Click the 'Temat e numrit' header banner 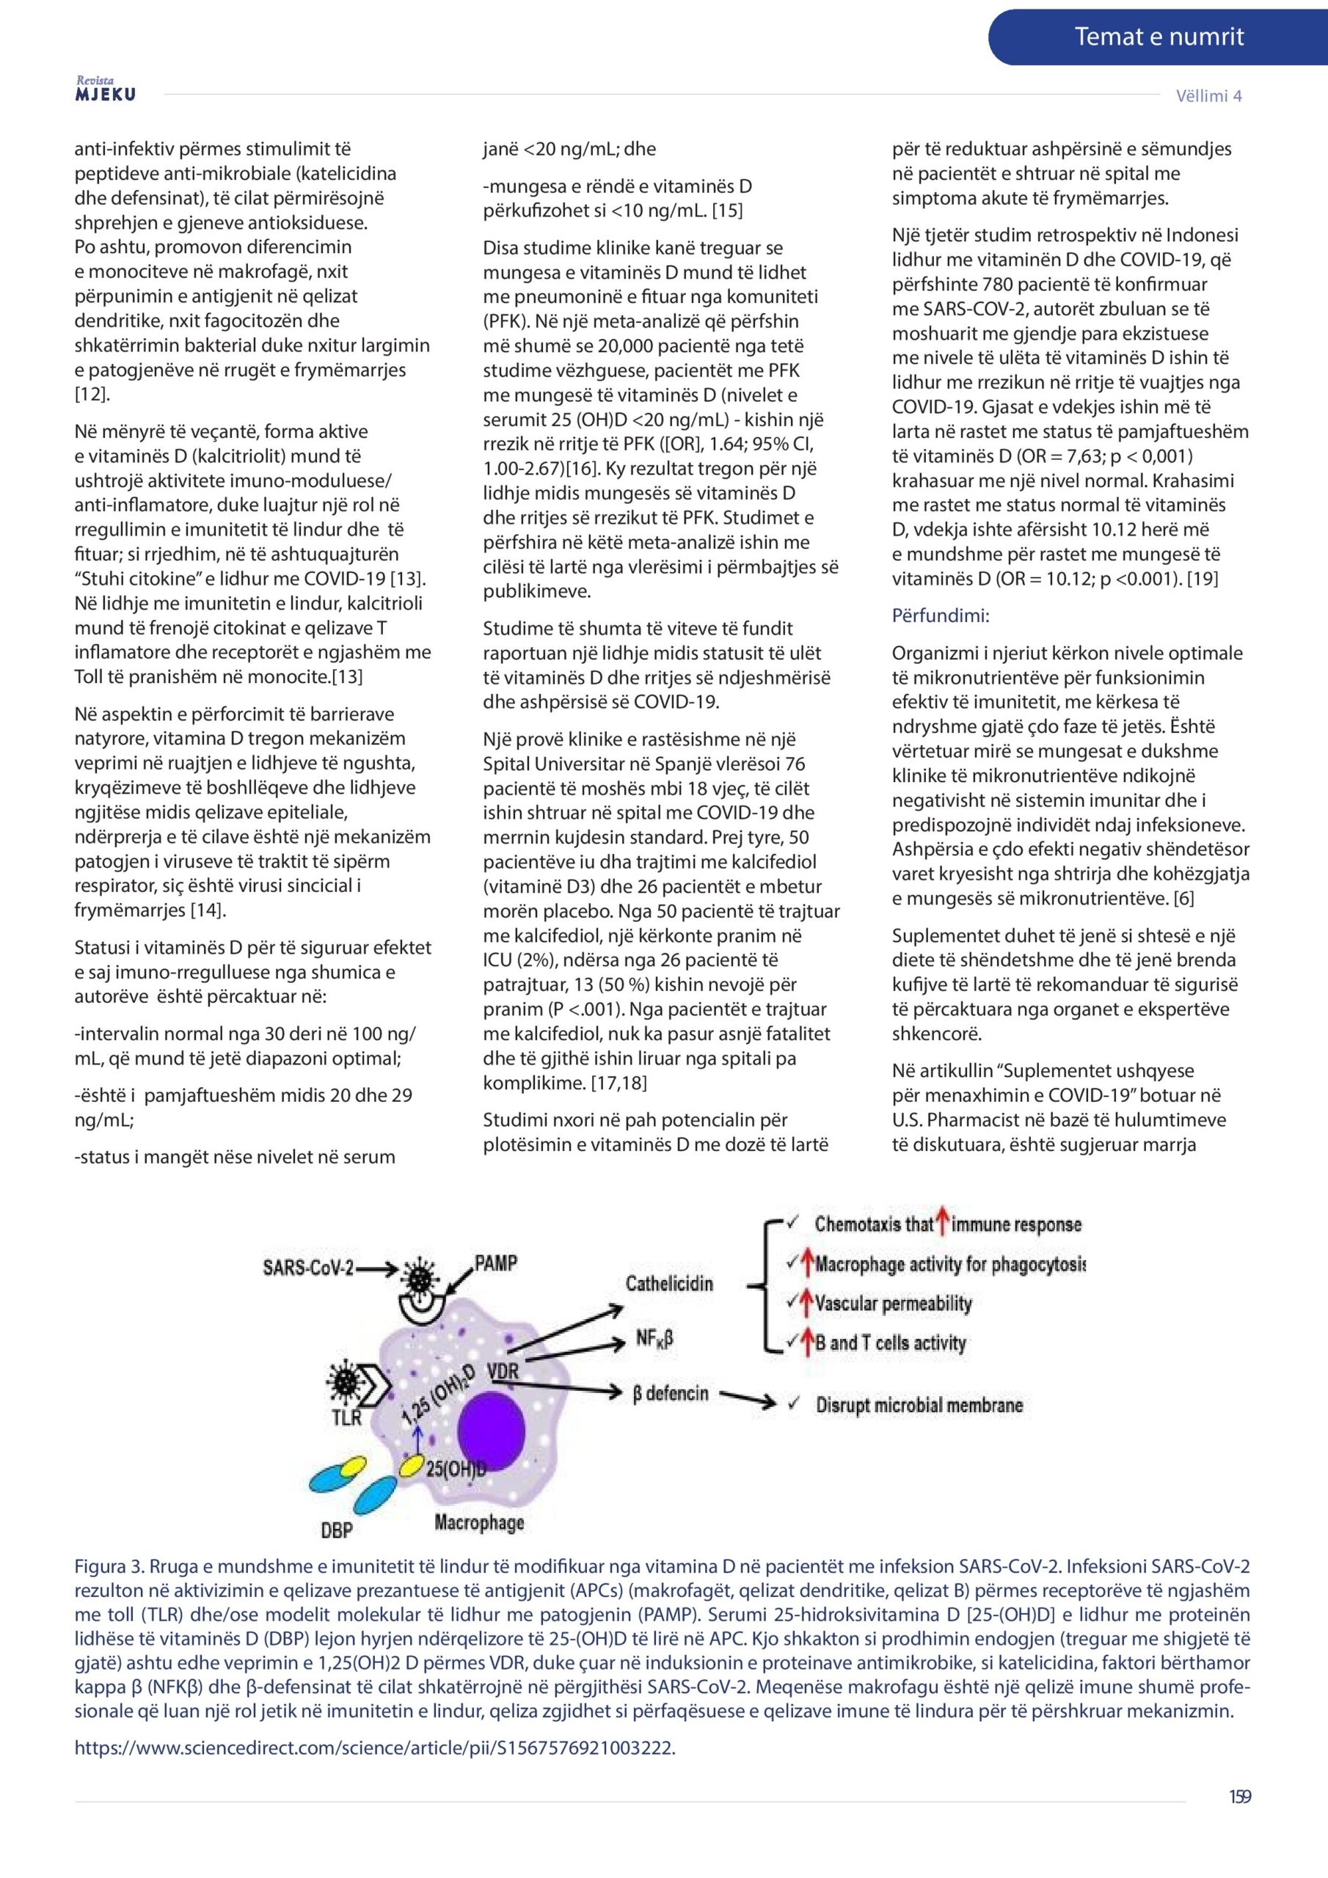[1158, 37]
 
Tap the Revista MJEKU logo [106, 90]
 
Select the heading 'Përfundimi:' [940, 616]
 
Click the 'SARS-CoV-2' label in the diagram [307, 1267]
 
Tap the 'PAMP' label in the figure [496, 1263]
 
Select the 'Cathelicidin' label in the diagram [669, 1283]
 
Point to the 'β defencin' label [670, 1393]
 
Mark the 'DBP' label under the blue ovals [336, 1529]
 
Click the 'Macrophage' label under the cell [478, 1522]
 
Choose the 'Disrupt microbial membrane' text [919, 1406]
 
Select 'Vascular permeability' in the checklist [893, 1304]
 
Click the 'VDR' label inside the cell [503, 1370]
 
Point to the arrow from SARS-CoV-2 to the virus [377, 1269]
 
